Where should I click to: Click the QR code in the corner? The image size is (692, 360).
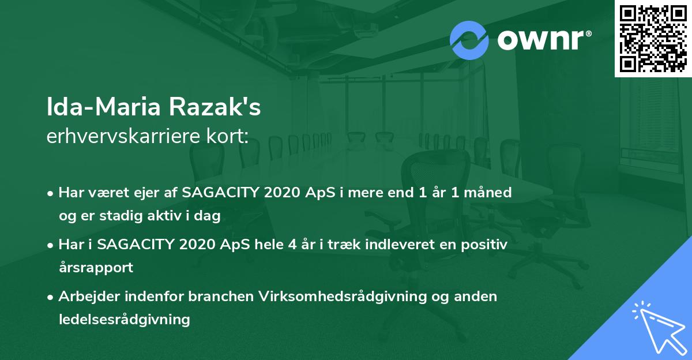tap(653, 39)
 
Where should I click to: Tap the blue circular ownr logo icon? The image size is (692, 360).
tap(469, 40)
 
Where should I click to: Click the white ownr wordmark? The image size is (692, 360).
tap(544, 40)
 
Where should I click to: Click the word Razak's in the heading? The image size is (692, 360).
tap(215, 107)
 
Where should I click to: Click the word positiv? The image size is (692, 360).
tap(484, 245)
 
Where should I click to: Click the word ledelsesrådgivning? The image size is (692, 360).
tap(125, 320)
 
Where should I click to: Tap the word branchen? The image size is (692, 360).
tap(221, 297)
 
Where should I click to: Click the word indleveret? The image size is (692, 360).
tap(400, 245)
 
